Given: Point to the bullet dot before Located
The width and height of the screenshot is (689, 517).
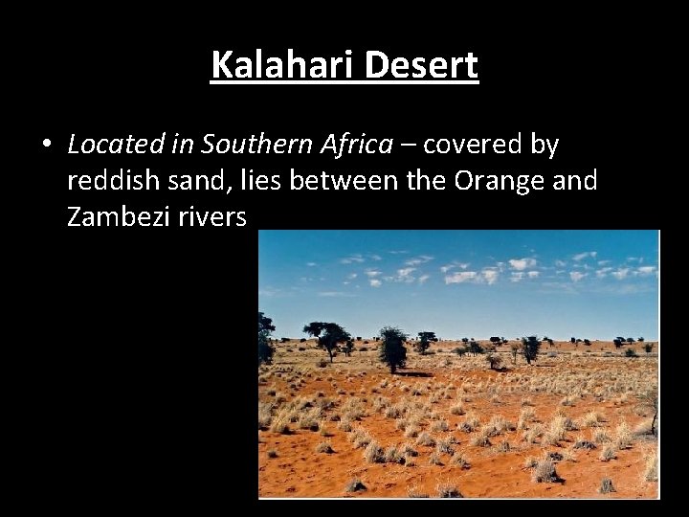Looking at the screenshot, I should click(x=46, y=146).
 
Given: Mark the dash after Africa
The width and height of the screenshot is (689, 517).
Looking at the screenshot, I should click(x=408, y=146).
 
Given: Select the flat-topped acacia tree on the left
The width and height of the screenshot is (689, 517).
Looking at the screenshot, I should click(x=326, y=338).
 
